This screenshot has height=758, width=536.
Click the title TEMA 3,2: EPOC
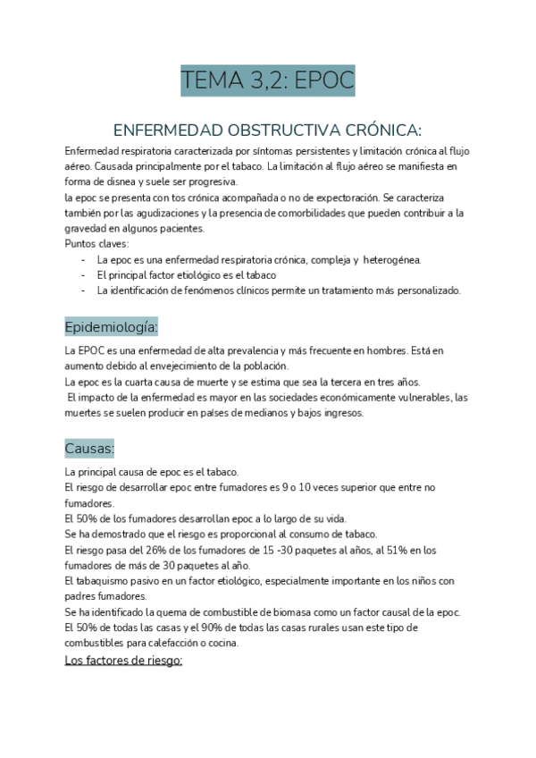(x=268, y=81)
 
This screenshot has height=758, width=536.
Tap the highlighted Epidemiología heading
(x=112, y=325)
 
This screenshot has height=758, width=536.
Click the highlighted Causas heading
(x=89, y=447)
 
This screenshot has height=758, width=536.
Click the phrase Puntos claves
(x=97, y=244)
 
